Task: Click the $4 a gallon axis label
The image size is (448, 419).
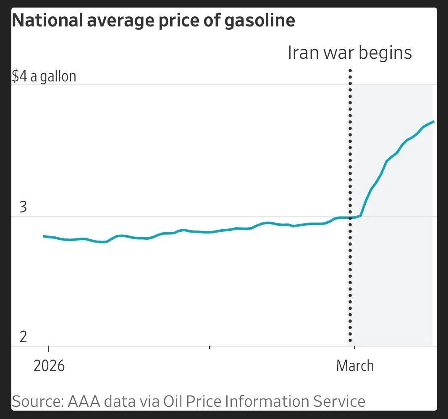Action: coord(44,76)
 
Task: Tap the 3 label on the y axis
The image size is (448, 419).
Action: coord(24,207)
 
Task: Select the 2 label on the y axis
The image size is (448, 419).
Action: coord(24,337)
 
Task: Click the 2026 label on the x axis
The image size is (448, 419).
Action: coord(49,366)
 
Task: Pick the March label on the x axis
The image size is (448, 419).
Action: coord(355,366)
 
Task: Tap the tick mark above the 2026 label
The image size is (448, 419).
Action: coord(48,348)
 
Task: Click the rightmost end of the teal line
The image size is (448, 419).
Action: coord(434,121)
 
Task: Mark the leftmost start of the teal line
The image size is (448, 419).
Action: coord(44,236)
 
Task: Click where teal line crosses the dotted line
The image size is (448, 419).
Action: coord(350,217)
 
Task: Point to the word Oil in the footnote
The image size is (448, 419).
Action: coord(174,401)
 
